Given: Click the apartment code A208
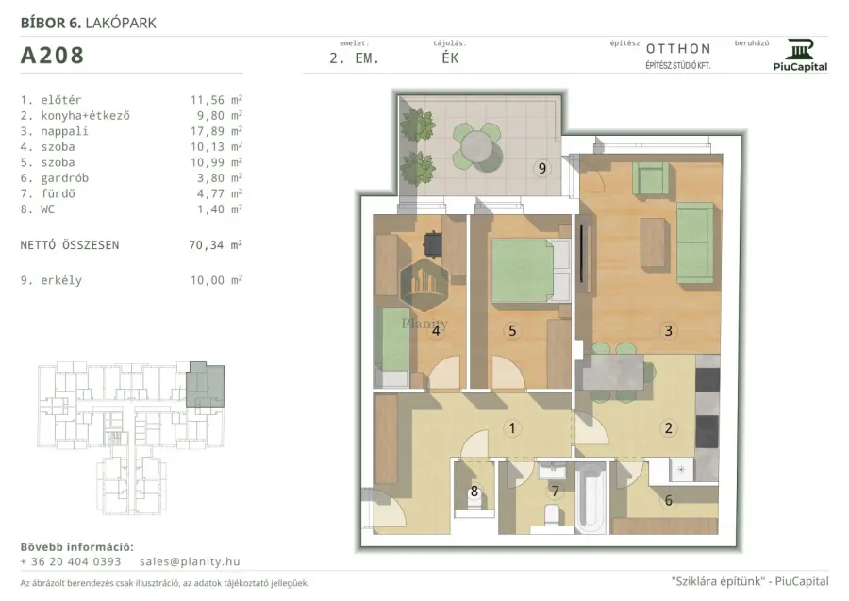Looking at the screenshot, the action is [52, 56].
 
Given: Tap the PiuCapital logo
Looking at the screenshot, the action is [800, 56].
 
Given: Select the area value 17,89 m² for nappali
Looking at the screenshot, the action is [216, 131].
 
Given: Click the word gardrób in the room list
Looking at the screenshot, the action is [64, 178].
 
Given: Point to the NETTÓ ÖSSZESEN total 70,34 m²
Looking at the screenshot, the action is [215, 244].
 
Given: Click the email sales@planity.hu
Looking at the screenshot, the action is [190, 561].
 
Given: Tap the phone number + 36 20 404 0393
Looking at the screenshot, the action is [71, 561].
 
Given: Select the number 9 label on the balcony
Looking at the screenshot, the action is [542, 168].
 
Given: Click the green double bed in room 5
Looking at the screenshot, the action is [523, 271].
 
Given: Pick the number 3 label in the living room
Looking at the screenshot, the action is [668, 331].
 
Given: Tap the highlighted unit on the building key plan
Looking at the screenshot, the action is [206, 385].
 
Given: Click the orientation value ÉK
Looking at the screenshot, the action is [450, 58].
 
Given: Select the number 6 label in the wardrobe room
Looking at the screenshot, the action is [668, 500].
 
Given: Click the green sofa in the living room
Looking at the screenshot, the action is [694, 242].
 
